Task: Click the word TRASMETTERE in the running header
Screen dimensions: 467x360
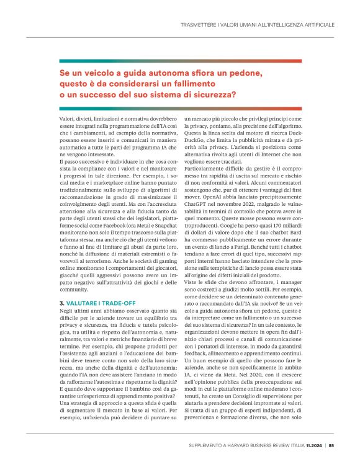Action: [x=197, y=24]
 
